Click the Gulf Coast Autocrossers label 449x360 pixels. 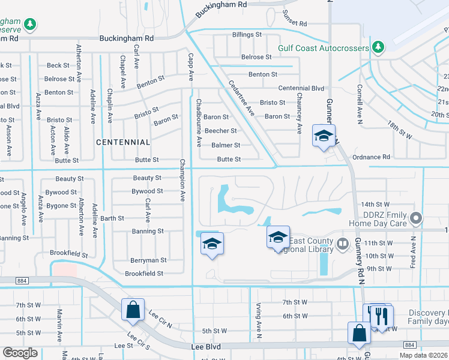323,47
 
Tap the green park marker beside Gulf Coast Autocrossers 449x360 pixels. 378,47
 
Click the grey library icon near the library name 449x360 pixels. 342,243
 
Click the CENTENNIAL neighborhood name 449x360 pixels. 123,142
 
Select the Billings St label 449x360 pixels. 247,35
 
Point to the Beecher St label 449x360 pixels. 220,131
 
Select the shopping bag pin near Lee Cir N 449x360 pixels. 133,309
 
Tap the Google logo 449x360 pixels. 20,353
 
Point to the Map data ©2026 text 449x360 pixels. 423,355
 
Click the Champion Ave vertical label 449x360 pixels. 181,180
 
